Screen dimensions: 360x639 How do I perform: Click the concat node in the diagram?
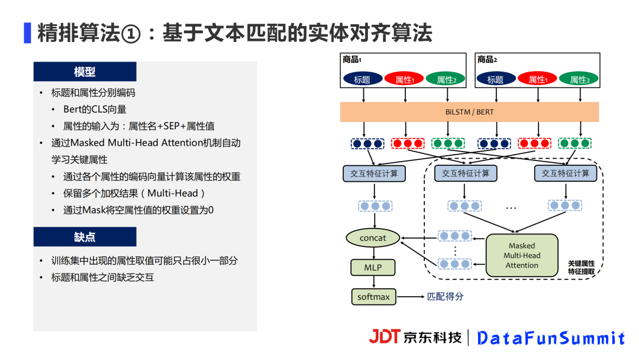click(x=373, y=238)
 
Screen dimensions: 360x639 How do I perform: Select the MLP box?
click(x=373, y=268)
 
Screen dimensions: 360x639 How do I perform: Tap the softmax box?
click(x=373, y=297)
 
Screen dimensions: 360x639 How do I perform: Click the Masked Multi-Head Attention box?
click(x=522, y=255)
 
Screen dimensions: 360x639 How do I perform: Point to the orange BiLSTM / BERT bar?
click(x=469, y=112)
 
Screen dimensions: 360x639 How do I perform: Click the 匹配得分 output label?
click(x=445, y=297)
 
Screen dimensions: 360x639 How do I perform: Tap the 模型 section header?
click(x=85, y=72)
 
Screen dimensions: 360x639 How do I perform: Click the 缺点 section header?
click(x=85, y=237)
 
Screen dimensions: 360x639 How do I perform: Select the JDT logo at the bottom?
click(x=385, y=337)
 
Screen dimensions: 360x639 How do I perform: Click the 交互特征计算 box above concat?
click(x=374, y=173)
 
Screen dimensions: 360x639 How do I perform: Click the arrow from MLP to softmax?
click(x=373, y=282)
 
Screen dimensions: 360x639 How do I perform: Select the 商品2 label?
click(x=488, y=59)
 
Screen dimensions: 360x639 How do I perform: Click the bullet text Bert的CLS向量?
click(x=95, y=110)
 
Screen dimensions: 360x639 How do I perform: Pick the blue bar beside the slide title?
click(x=27, y=33)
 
